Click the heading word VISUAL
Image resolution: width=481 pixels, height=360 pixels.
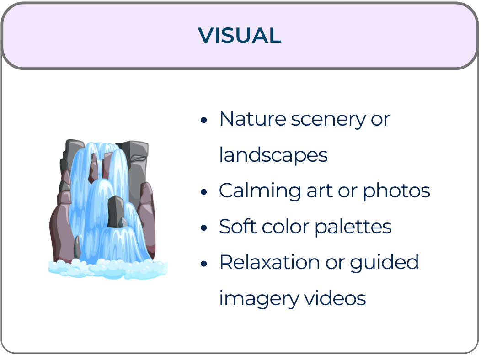click(x=240, y=36)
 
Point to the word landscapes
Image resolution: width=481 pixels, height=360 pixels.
click(x=273, y=155)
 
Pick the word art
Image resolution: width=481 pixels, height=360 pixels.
click(x=317, y=191)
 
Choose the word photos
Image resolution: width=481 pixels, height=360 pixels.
click(x=396, y=191)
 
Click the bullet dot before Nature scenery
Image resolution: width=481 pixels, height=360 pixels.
click(x=204, y=121)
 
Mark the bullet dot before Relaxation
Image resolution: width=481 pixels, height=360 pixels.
click(x=204, y=264)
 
